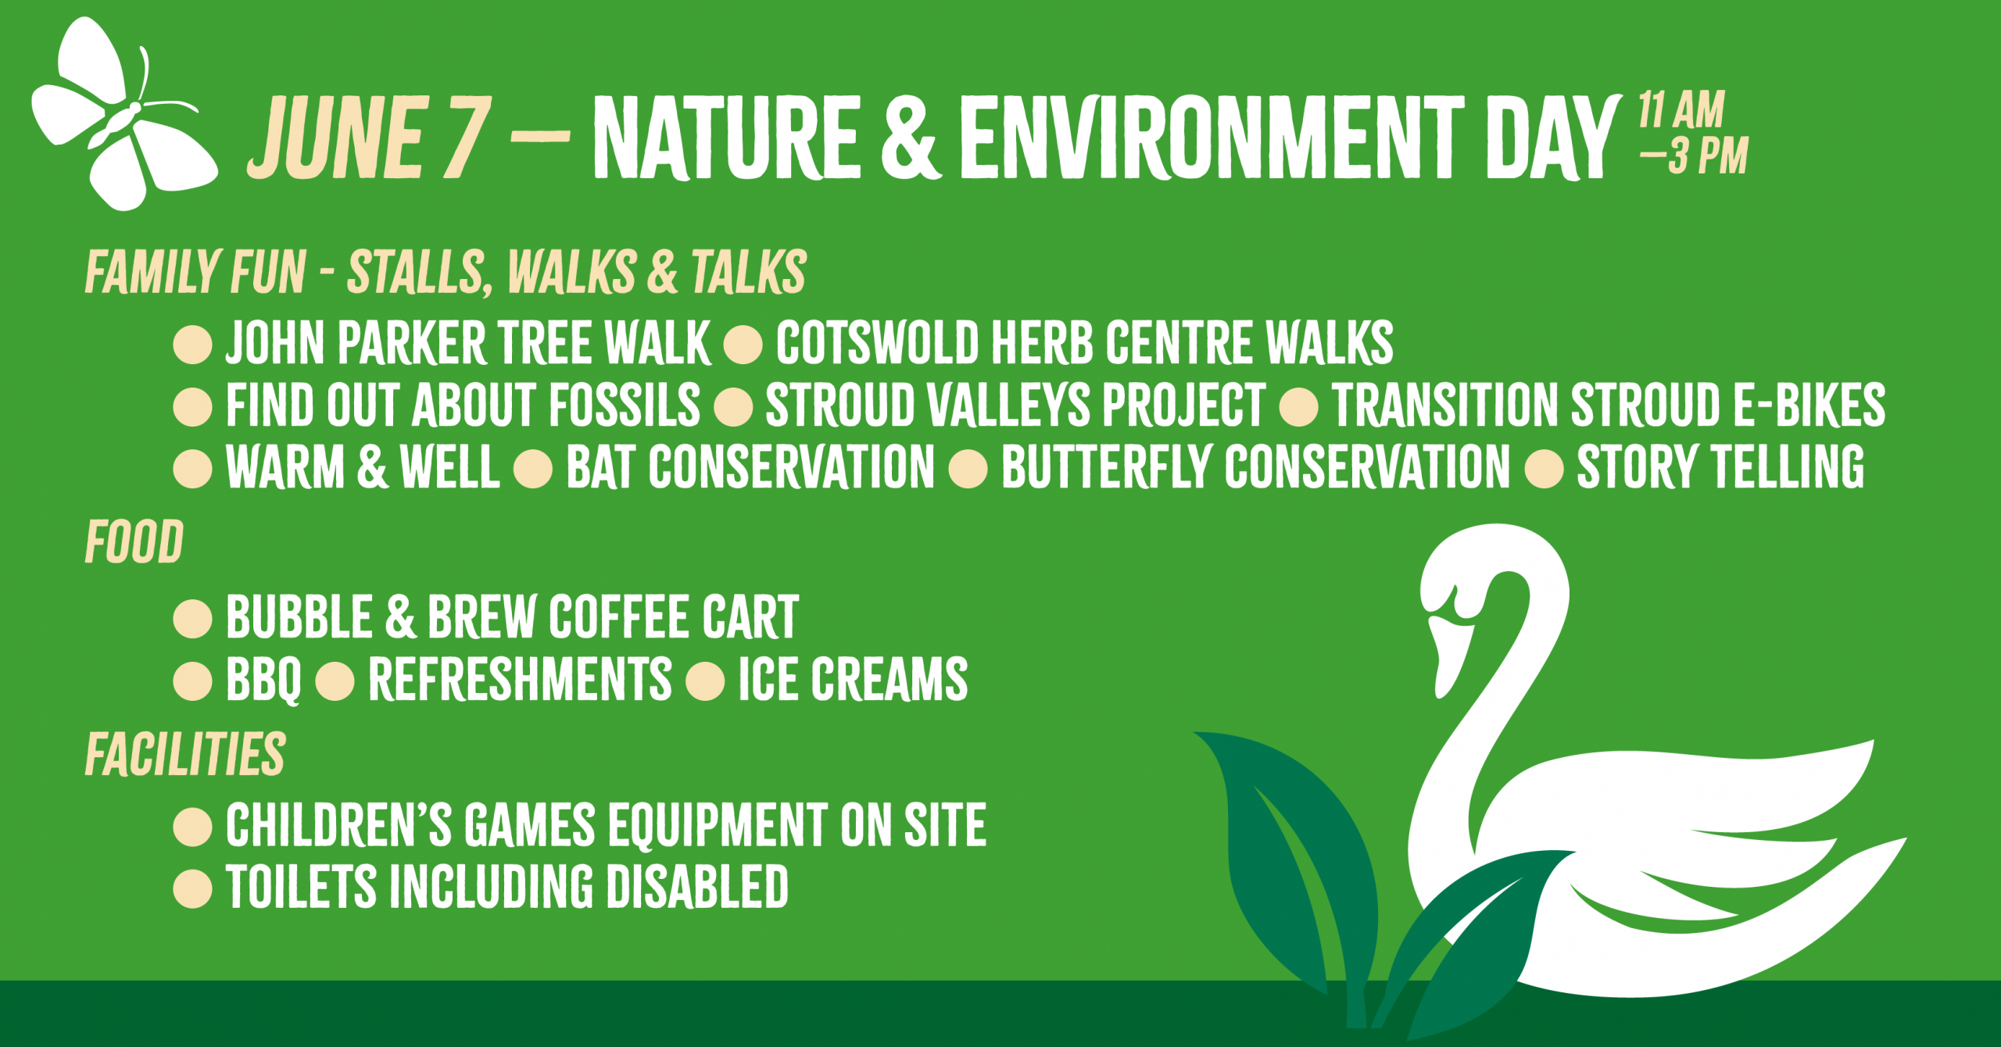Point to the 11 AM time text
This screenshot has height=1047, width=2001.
(1681, 109)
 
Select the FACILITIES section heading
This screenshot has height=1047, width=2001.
(185, 755)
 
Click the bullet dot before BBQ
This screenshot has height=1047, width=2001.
(192, 680)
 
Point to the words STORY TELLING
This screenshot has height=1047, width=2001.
(1720, 467)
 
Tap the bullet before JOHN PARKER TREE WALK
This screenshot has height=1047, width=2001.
(192, 344)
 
